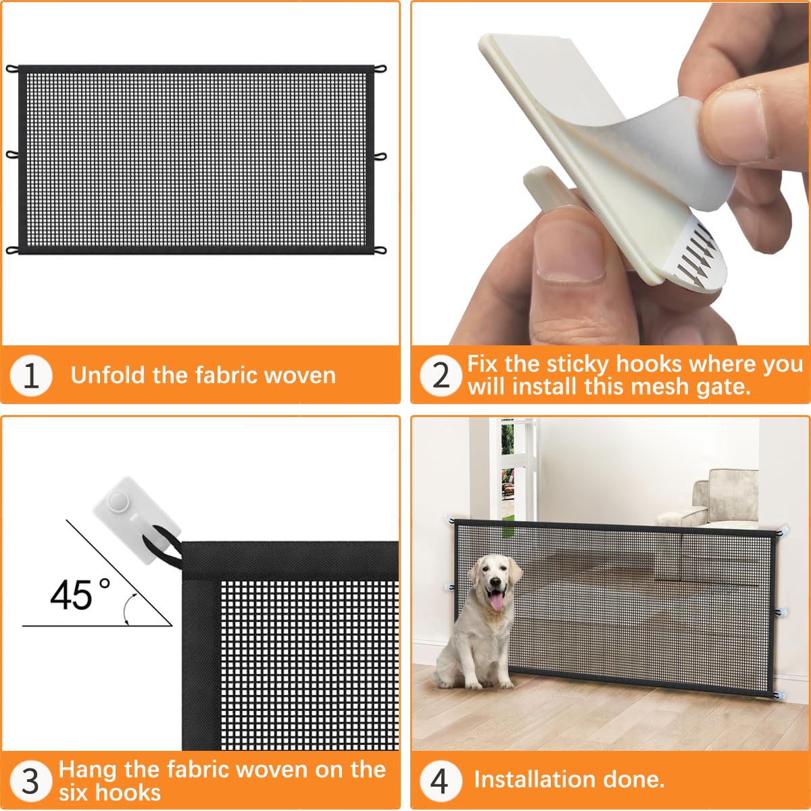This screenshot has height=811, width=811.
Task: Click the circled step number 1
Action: tap(31, 376)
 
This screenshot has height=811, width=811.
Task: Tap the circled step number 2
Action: tap(441, 375)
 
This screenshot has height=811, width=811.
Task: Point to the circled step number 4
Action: tap(439, 781)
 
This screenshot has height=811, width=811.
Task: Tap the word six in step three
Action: tap(76, 792)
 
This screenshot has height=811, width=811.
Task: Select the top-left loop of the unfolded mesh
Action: tap(12, 69)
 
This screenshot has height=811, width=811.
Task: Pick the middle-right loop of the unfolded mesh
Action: tap(380, 156)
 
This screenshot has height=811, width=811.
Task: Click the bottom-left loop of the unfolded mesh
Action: tap(12, 250)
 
